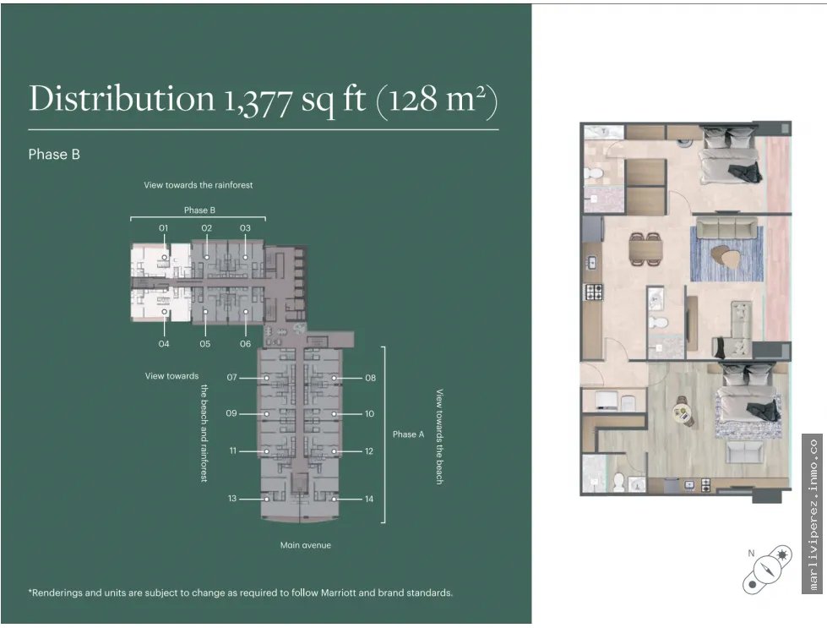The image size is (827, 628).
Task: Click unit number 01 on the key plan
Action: pos(164,228)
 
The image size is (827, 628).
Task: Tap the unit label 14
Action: pos(369,499)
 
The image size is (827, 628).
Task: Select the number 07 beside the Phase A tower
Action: pos(231,377)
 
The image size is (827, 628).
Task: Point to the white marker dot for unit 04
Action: pos(165,312)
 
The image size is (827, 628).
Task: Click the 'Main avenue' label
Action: pos(306,545)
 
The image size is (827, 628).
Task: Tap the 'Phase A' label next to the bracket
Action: pos(408,434)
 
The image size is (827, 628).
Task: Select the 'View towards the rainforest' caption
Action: pos(199,185)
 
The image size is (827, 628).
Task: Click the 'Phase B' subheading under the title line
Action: pos(54,154)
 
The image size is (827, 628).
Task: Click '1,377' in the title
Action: pos(258,101)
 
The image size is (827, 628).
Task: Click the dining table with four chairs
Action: pos(645,248)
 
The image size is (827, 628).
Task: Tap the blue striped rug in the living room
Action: pos(726,254)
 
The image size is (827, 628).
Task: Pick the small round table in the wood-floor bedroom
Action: pos(683,412)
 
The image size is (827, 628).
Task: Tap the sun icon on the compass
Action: pos(781,555)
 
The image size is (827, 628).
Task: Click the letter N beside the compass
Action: pos(751,553)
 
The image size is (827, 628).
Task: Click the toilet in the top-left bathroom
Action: pos(593,173)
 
